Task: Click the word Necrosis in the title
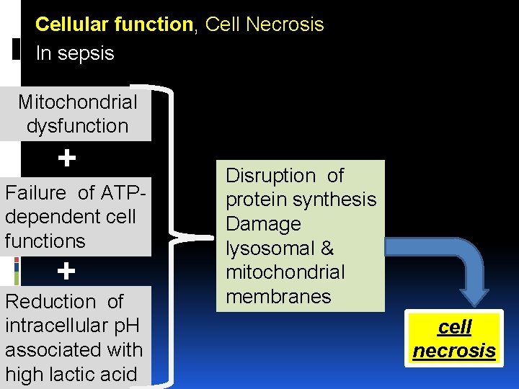(286, 24)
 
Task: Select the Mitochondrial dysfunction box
(77, 114)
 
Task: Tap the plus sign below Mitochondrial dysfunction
(66, 158)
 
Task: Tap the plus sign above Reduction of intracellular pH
(66, 272)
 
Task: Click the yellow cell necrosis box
(454, 339)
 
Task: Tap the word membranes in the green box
(278, 297)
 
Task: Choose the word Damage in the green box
(263, 224)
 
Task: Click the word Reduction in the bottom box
(50, 301)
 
